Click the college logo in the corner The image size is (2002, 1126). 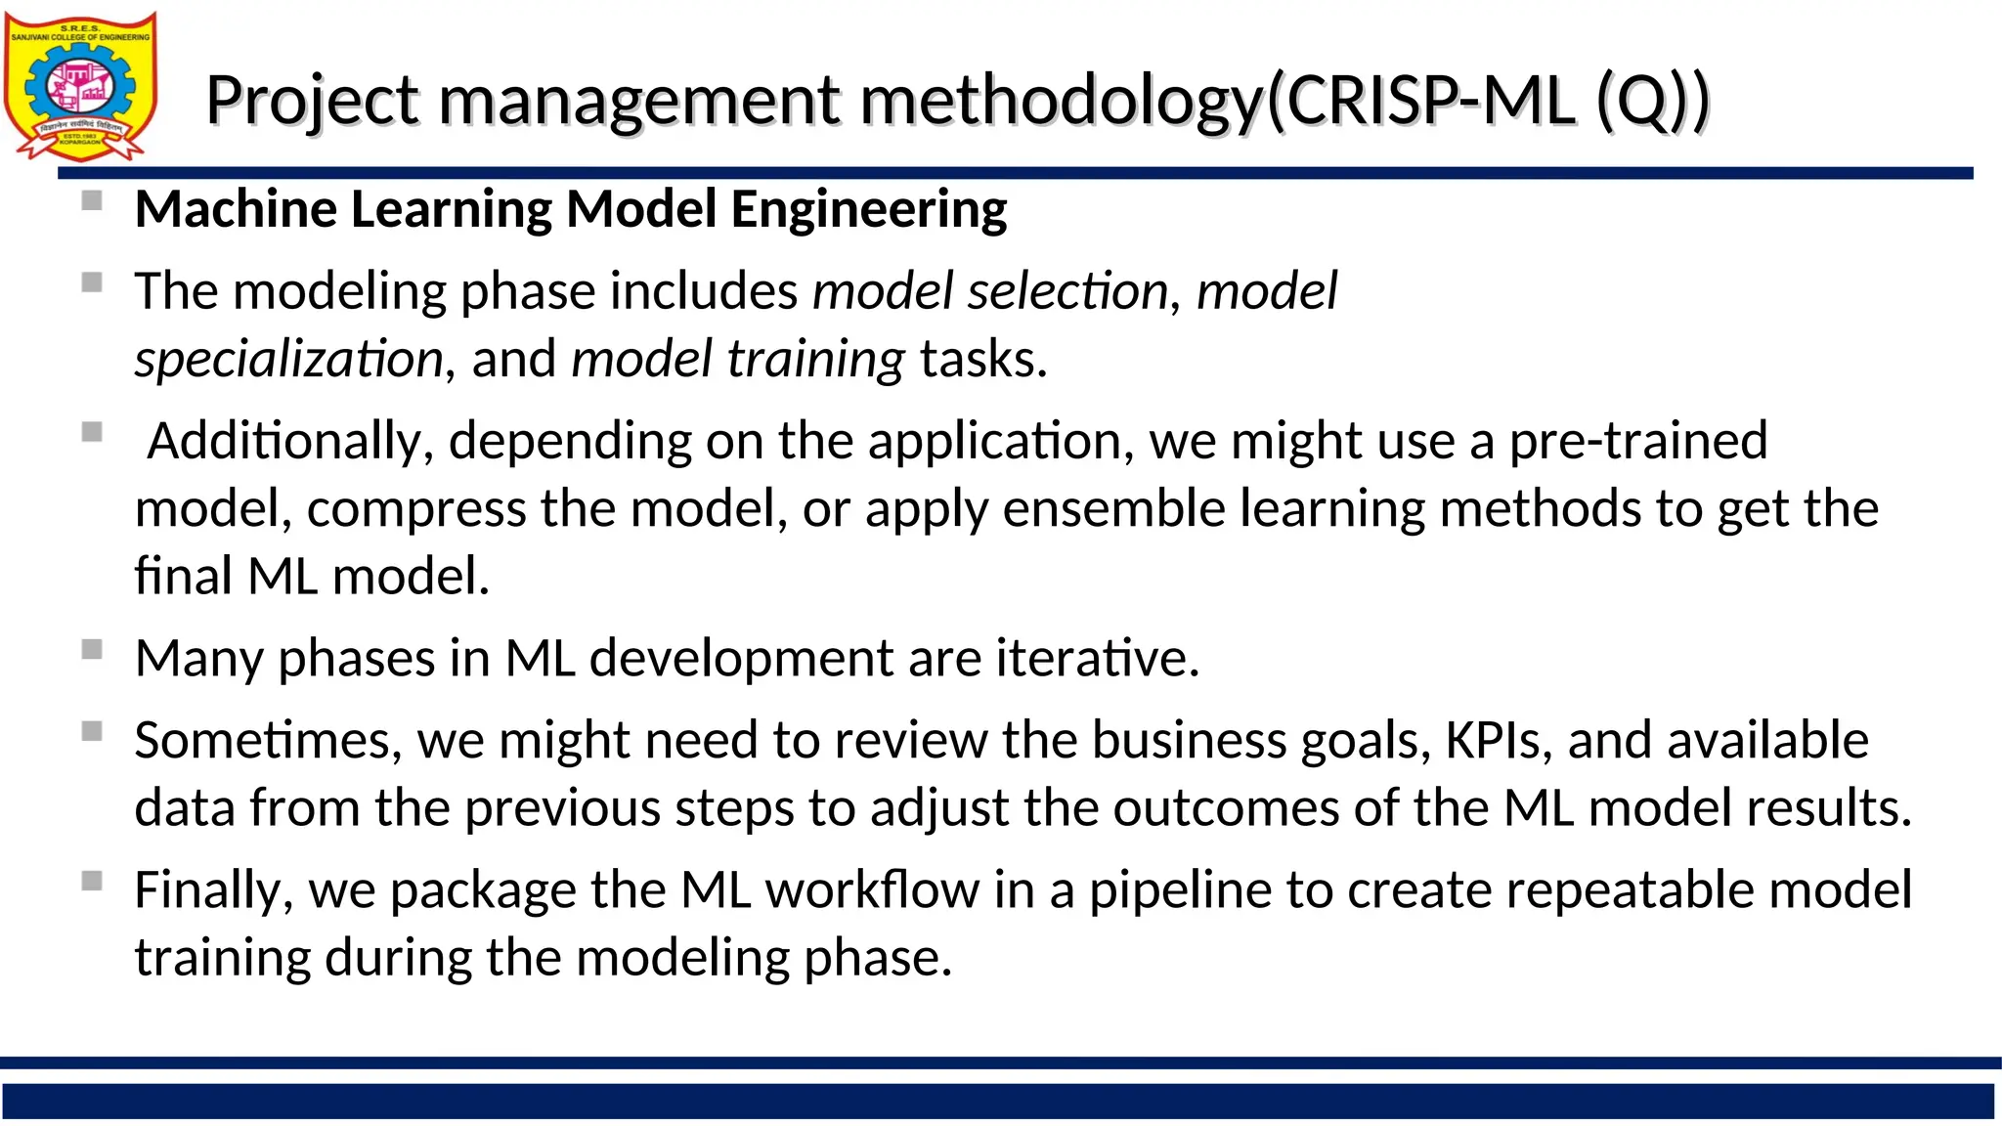pyautogui.click(x=80, y=86)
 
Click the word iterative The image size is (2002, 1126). pyautogui.click(x=1097, y=658)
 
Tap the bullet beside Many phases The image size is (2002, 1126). pyautogui.click(x=93, y=650)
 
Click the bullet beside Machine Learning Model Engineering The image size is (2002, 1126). pyautogui.click(x=93, y=201)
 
